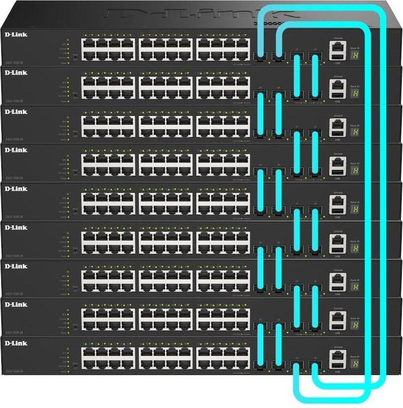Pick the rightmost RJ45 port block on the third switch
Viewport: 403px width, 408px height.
(x=223, y=126)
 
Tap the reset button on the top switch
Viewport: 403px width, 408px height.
(x=75, y=56)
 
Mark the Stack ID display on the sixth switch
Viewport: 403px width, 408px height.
(x=356, y=247)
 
